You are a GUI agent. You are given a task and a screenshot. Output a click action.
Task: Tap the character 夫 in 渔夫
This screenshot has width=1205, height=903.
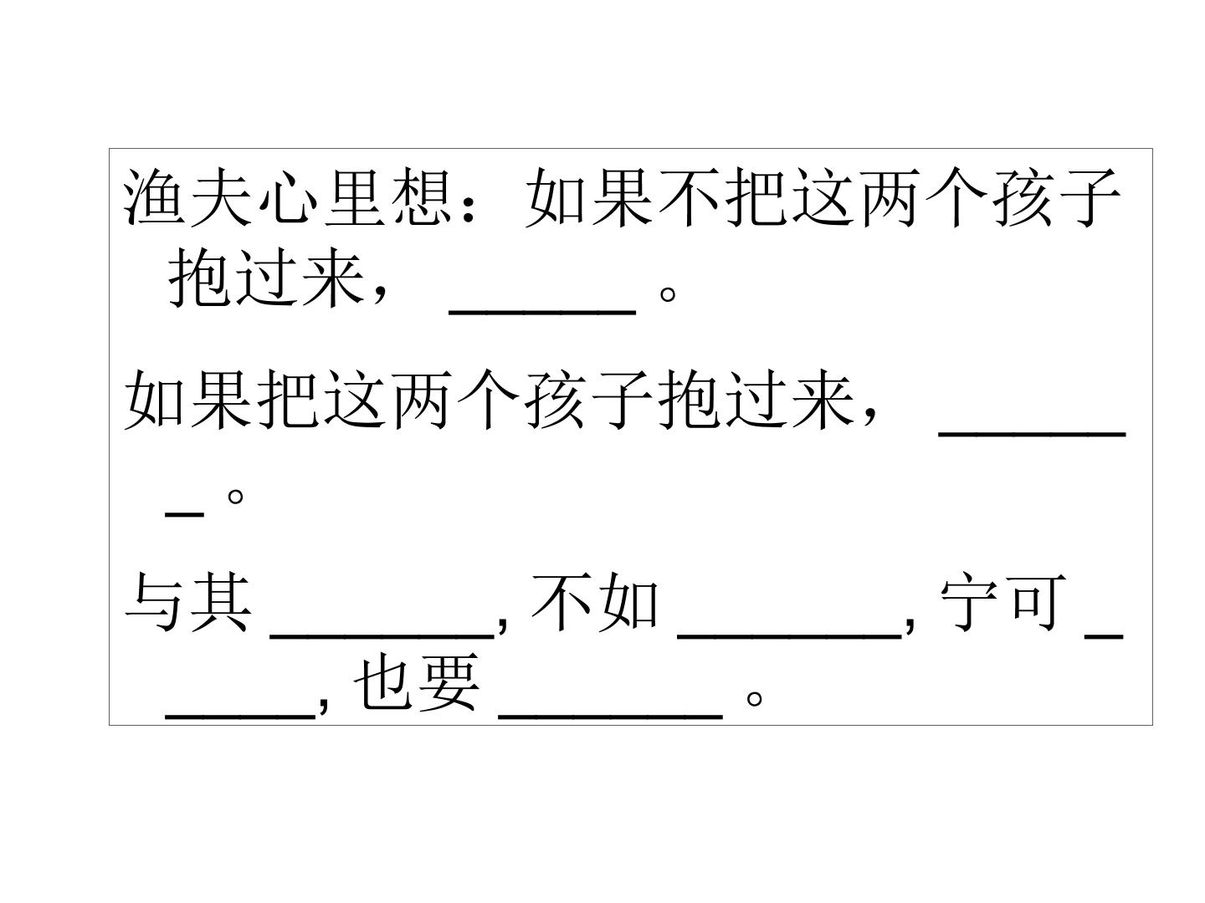pos(221,197)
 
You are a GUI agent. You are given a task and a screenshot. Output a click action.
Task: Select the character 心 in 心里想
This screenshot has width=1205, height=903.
pos(288,198)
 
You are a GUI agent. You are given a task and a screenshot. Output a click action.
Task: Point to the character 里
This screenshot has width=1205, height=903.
pos(355,197)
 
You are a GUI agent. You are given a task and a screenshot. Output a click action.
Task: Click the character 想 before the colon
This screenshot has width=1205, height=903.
pos(422,197)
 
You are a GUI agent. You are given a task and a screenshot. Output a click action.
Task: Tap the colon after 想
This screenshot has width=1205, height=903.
pos(469,207)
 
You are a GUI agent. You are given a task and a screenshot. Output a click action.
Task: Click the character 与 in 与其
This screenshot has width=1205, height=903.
pos(154,601)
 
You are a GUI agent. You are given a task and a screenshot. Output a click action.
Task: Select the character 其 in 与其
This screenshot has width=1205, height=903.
pos(221,601)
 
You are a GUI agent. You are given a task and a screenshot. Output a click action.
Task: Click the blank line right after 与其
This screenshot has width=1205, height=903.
pos(382,636)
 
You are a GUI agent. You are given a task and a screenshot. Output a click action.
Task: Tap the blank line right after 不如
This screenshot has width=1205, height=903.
pos(789,636)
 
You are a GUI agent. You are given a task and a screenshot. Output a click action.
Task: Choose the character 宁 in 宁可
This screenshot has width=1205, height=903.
pos(970,601)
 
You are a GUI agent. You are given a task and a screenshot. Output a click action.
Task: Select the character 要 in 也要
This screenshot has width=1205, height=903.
pos(449,682)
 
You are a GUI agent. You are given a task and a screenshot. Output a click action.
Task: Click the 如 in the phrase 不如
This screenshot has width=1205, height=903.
pos(628,601)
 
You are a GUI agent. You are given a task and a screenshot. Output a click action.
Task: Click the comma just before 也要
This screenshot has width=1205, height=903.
pos(323,705)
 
